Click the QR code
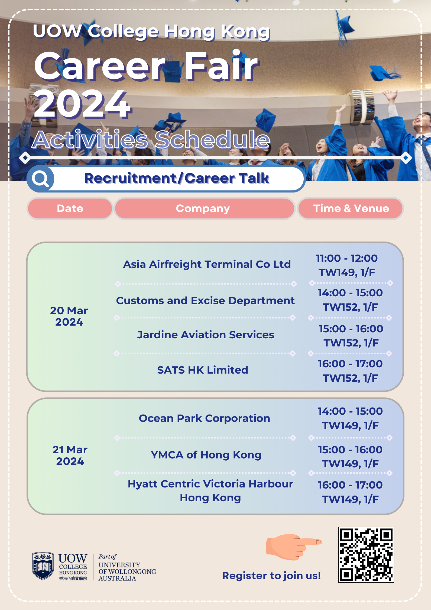point(366,554)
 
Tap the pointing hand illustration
point(294,547)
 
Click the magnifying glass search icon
point(40,179)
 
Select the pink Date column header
point(70,208)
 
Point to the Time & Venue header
point(351,208)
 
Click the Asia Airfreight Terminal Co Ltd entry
point(207,264)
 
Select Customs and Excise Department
point(205,301)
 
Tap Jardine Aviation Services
point(206,335)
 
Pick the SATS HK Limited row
point(203,370)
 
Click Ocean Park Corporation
point(205,418)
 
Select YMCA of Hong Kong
point(206,455)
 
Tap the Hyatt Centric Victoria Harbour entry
point(210,491)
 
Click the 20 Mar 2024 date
point(69,316)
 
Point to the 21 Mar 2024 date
point(70,455)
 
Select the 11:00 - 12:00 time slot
point(347,258)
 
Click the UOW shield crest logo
point(43,566)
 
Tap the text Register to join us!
point(271,576)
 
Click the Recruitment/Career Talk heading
point(177,178)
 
